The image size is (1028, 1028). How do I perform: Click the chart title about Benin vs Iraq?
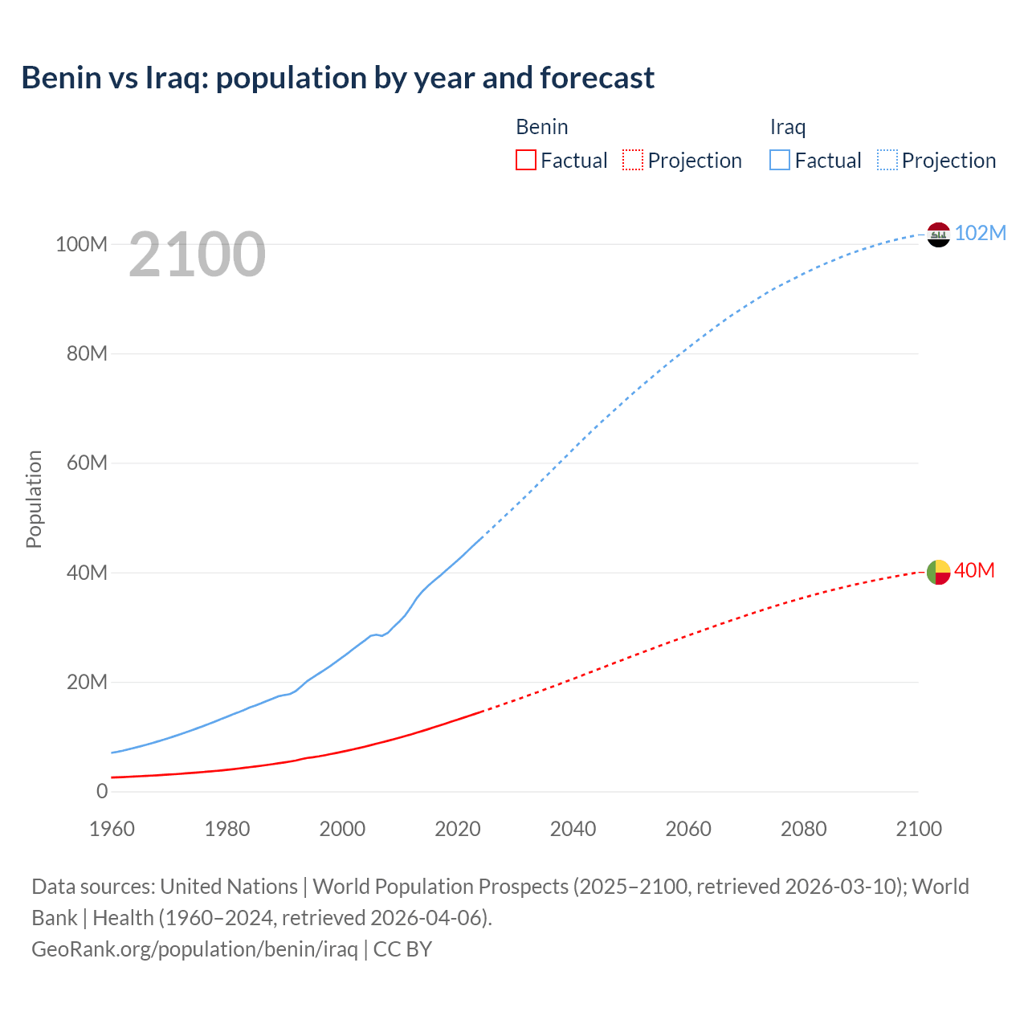337,78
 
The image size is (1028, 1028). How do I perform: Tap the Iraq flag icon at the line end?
938,235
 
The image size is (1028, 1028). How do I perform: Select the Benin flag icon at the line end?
938,572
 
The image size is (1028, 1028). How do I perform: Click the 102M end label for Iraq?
980,233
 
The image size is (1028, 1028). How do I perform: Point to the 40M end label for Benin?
974,570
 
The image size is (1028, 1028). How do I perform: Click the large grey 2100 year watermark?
197,255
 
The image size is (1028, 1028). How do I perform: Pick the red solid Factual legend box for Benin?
525,160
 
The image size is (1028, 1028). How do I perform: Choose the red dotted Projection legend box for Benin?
633,160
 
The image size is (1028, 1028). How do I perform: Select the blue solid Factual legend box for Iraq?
780,160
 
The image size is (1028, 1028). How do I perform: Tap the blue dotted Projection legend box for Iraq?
887,160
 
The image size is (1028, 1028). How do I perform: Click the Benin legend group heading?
542,127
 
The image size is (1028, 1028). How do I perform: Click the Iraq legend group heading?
788,127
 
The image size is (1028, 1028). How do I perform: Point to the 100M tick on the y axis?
81,244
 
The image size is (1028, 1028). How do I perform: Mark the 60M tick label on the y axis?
86,463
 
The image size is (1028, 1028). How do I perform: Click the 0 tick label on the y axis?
101,791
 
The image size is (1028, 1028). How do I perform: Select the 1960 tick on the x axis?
112,829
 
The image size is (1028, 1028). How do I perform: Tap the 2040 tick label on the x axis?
573,829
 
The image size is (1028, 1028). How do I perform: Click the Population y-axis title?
34,499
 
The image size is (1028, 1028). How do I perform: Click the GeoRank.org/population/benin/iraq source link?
194,948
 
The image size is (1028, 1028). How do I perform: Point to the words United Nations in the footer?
229,886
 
